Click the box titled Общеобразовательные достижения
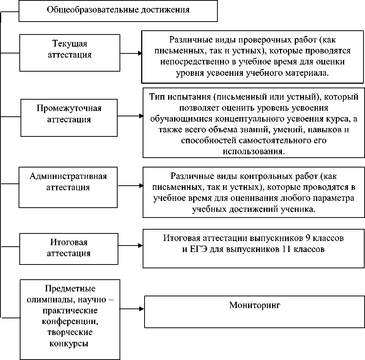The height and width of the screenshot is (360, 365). (118, 10)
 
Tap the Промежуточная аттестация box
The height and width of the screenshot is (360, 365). (69, 118)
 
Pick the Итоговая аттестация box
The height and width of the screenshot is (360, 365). (69, 248)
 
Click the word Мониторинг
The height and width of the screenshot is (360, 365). (254, 305)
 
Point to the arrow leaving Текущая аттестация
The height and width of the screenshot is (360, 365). (131, 53)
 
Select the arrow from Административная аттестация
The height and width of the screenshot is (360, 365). (131, 186)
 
